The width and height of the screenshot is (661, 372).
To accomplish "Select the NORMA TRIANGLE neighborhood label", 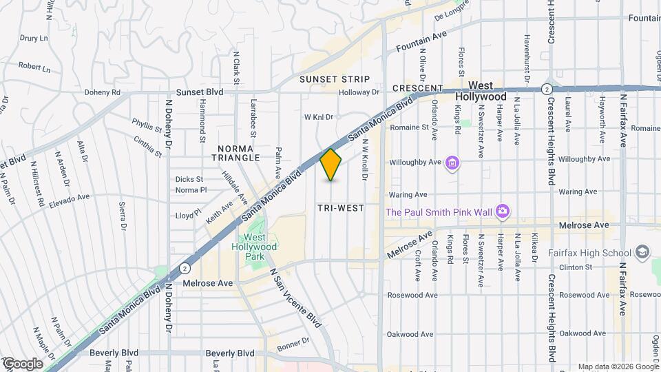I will coord(239,153).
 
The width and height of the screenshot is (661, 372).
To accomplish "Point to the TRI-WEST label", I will coord(340,207).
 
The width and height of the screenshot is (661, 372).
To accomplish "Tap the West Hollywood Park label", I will coord(260,247).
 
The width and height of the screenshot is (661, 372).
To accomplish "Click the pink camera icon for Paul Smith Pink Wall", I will coord(503,211).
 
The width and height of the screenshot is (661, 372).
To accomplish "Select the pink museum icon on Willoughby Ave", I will coord(452,163).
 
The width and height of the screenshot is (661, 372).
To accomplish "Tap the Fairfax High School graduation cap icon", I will coord(644,253).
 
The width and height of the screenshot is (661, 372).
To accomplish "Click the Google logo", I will coord(23,364).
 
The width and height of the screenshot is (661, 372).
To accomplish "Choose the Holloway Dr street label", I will coord(359,92).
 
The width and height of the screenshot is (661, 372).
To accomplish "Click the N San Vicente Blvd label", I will coord(295,297).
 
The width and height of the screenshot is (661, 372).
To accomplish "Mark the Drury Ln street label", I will coord(32,39).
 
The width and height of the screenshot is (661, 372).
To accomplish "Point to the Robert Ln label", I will coord(34,68).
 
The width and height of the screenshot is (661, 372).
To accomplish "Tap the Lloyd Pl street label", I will coord(188,215).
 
